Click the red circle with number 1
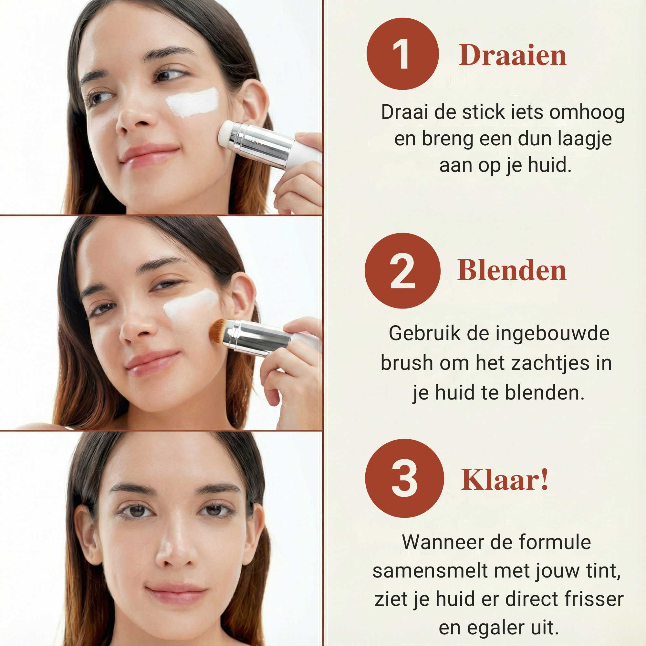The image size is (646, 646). point(402,54)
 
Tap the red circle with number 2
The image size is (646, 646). point(402,270)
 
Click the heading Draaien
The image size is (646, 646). point(512,55)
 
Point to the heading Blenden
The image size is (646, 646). point(512,270)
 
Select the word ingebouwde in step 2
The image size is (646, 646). point(552,333)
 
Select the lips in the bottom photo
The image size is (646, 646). point(176,593)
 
